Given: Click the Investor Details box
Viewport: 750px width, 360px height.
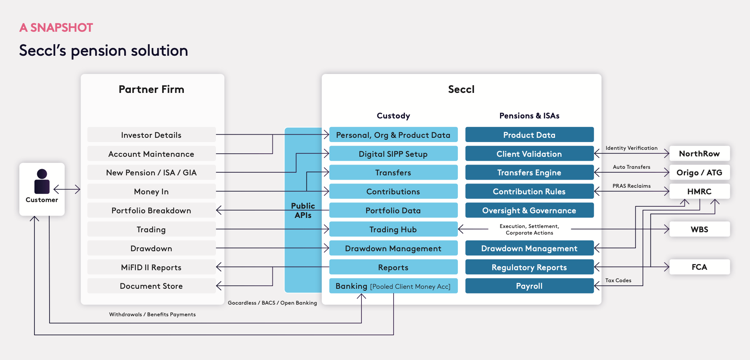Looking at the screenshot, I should (x=151, y=135).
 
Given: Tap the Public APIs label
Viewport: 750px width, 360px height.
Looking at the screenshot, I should (x=303, y=211).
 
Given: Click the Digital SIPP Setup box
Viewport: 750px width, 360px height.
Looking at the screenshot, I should (x=393, y=154).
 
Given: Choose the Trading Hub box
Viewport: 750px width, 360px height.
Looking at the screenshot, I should (x=393, y=229).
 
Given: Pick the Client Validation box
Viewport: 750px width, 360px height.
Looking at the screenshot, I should (x=529, y=154).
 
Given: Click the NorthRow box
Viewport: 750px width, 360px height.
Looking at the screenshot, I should (x=699, y=153).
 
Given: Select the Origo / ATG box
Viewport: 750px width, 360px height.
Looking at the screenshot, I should (x=699, y=172).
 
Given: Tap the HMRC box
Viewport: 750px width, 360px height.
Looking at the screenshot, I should (x=699, y=191).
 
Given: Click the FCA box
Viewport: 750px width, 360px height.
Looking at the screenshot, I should (x=699, y=267).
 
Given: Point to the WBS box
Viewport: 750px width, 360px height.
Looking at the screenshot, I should (x=699, y=229).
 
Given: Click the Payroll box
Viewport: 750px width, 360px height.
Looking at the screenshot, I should (x=529, y=286).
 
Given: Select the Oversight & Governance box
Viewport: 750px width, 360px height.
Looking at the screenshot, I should (x=529, y=210).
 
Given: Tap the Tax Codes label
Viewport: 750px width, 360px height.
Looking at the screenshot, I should (x=618, y=280).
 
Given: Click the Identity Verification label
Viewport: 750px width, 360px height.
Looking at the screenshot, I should (x=631, y=148).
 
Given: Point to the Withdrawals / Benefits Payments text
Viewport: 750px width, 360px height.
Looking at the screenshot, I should (x=152, y=314).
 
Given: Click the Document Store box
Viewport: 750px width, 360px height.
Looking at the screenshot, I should (x=151, y=286).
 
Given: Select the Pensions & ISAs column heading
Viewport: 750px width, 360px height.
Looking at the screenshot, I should (x=529, y=116).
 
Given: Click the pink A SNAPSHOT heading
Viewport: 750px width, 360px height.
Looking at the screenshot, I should (x=56, y=27).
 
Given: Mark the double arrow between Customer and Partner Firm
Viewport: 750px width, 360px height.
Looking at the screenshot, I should (x=67, y=189).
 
